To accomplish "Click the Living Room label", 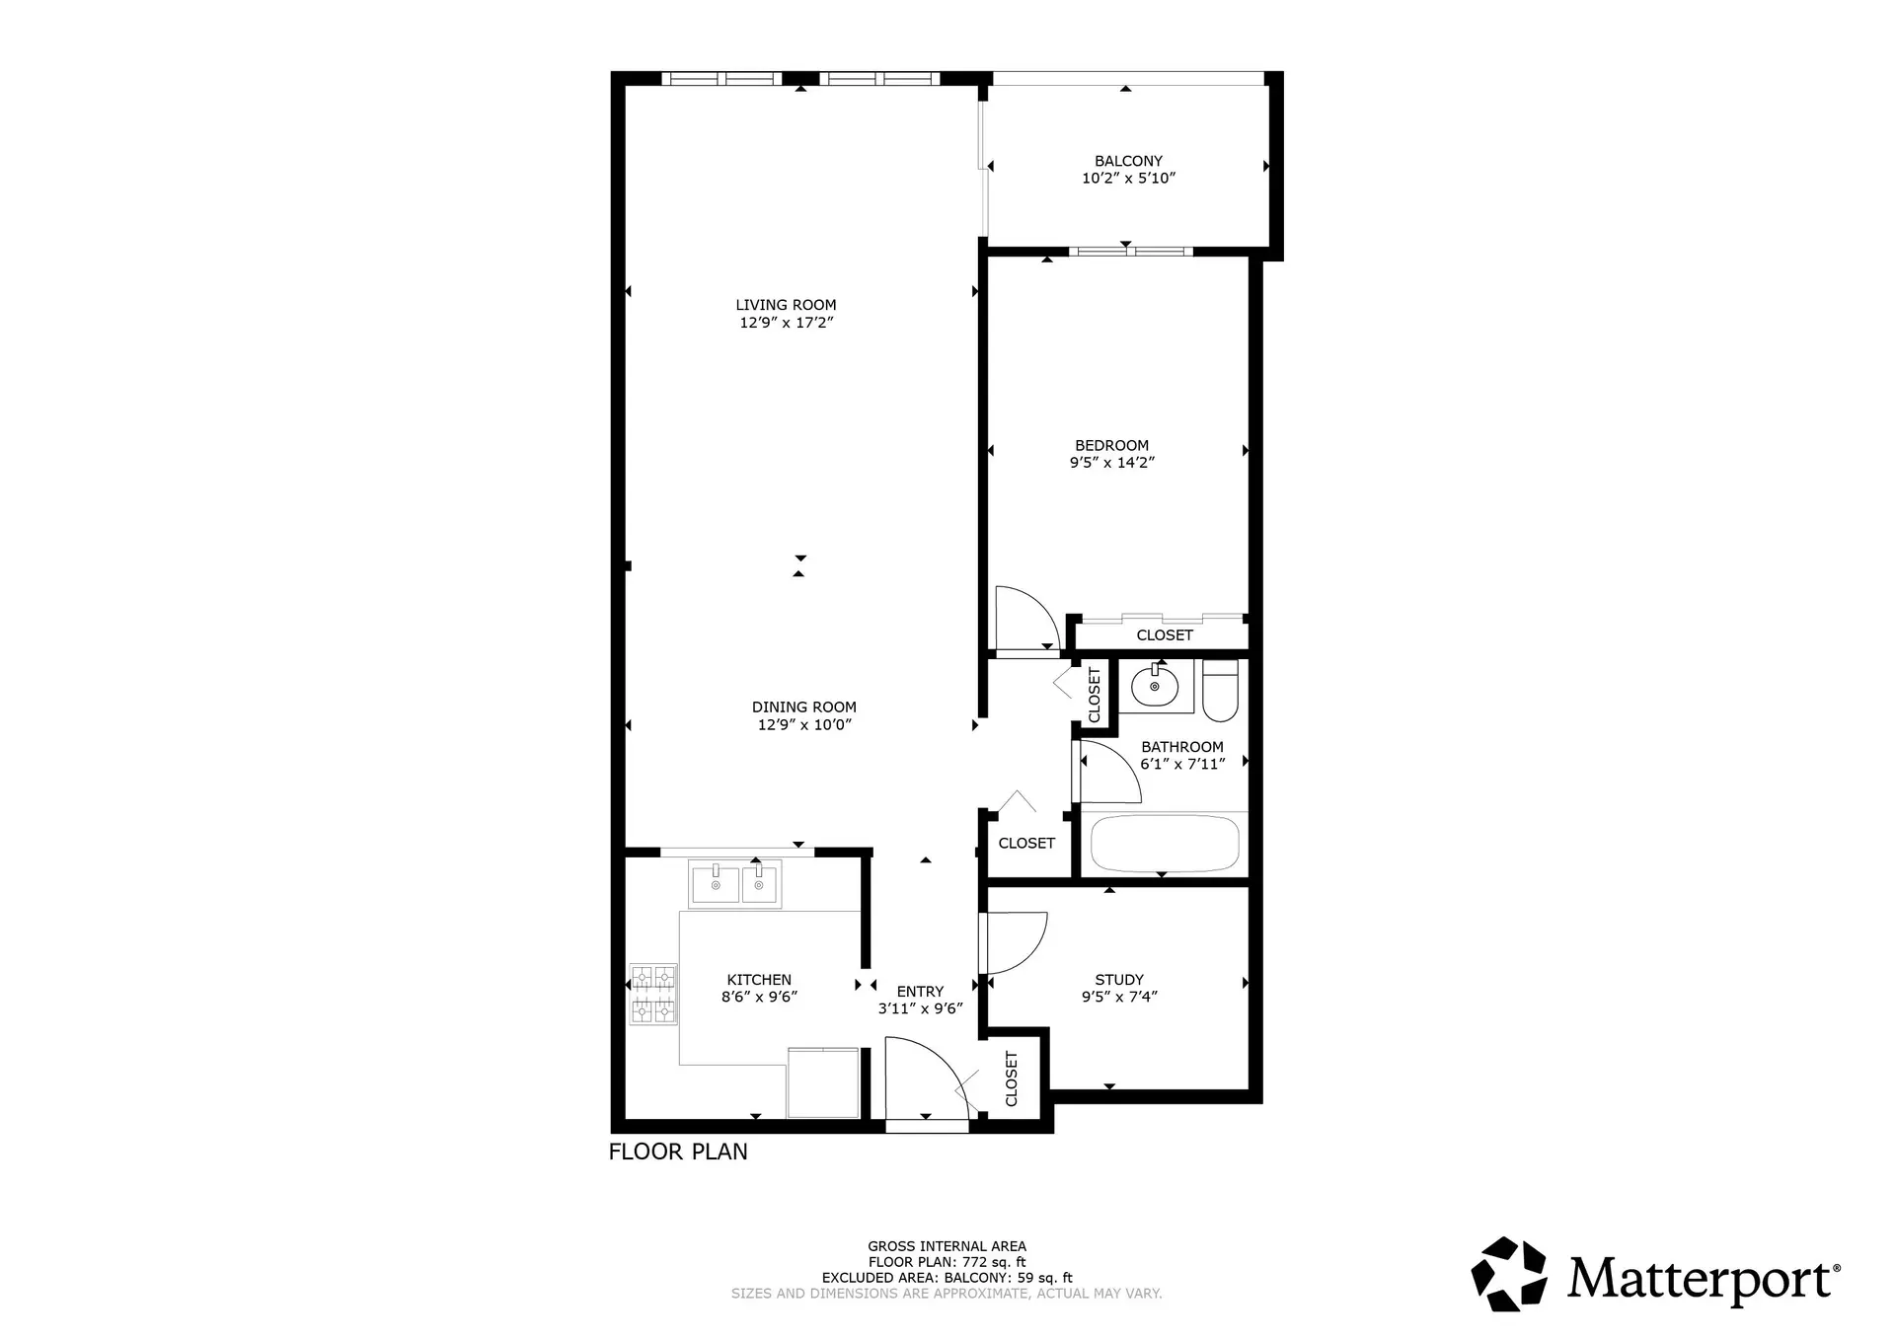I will coord(786,305).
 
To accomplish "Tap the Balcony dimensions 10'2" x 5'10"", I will coord(1128,179).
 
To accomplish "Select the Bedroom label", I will coord(1111,445).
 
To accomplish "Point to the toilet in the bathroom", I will coord(1221,690).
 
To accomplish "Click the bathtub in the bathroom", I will coord(1164,844).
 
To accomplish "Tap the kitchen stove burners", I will coord(653,994).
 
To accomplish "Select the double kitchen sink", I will coord(734,884).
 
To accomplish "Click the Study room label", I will coord(1118,980).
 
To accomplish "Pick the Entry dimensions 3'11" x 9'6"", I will coord(920,1008).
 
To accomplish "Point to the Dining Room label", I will coord(803,707).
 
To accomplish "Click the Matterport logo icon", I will coord(1509,1274).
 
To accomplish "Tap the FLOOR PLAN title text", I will coord(678,1152).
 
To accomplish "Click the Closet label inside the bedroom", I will coord(1164,635).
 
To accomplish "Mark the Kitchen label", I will coord(758,980).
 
